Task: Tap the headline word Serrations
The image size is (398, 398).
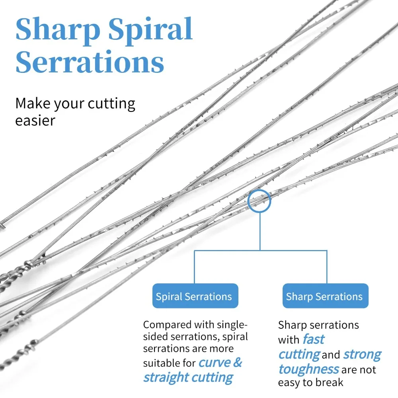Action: (90, 62)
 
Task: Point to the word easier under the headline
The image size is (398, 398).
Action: (35, 121)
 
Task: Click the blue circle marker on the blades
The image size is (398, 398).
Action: (259, 201)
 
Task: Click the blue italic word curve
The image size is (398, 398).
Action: (215, 363)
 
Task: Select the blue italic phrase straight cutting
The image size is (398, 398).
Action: (188, 377)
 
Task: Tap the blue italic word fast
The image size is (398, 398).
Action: (313, 339)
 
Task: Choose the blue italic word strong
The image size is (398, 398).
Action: (362, 354)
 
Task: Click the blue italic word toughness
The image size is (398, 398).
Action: (308, 369)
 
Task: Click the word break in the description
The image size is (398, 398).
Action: (328, 383)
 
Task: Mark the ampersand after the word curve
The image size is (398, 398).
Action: (237, 363)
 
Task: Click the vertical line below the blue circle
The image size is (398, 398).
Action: (260, 231)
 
